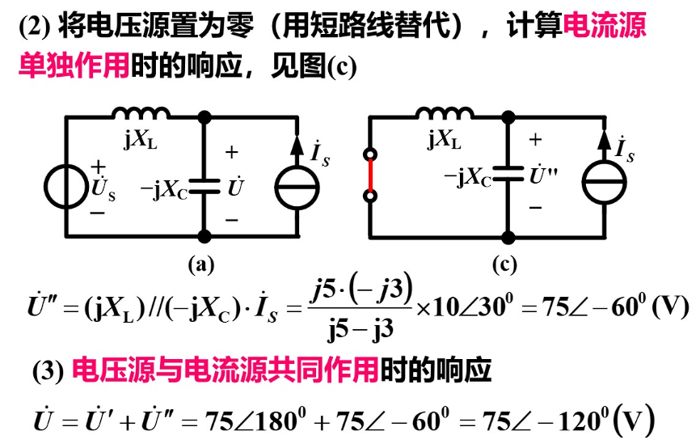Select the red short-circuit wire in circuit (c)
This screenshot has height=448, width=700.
[x=370, y=175]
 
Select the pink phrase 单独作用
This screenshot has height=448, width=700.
[x=74, y=66]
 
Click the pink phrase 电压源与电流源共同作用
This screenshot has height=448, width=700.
[x=226, y=370]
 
